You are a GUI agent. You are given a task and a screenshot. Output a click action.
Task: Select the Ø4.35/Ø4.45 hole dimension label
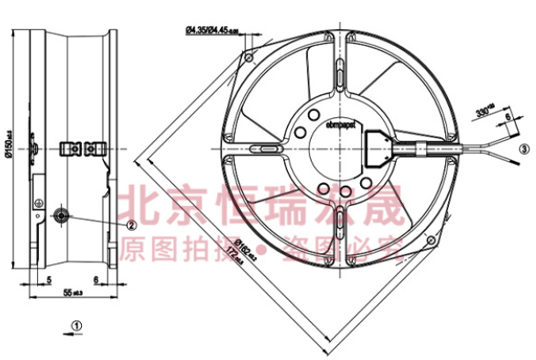(x=214, y=32)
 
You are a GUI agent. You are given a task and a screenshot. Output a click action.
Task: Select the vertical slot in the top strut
(x=339, y=77)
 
